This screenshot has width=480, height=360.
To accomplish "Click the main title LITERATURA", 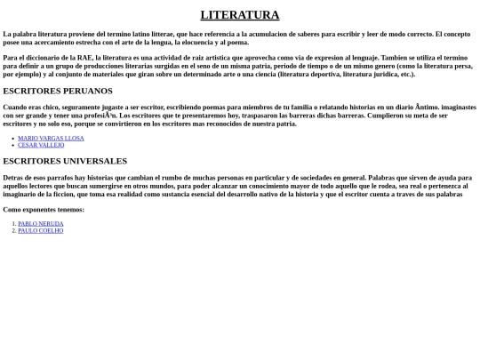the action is tap(239, 14).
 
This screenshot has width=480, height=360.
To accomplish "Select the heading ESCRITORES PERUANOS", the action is tap(58, 91).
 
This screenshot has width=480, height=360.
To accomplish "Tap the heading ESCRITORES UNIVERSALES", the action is tap(65, 161).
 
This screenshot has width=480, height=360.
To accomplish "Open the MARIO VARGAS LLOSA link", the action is tap(51, 138).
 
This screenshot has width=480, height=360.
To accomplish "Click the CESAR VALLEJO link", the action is tap(41, 145).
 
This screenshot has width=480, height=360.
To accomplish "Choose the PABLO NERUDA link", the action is tap(41, 223).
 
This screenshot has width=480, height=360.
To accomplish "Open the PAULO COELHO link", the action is tap(41, 230).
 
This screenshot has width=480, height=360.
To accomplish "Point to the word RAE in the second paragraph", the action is tap(85, 58).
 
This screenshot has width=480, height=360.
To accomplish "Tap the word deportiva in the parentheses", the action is tap(325, 74).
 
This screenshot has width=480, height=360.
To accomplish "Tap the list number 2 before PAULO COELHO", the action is tap(13, 230).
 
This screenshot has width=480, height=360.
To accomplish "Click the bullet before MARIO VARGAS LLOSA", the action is tap(13, 138).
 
